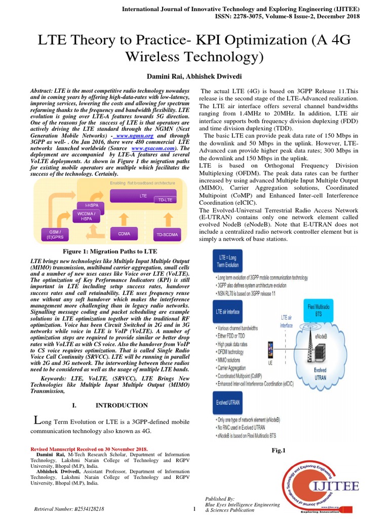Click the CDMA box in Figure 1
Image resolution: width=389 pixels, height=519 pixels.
coord(124,234)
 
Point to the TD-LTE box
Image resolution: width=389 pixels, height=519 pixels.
coord(165,200)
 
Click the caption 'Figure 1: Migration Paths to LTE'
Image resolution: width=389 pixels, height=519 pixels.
coord(110,251)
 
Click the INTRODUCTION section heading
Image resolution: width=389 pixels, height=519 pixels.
coord(122,405)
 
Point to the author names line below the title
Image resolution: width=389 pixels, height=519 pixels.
coord(194,76)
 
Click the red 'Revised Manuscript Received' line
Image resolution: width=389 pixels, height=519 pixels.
coord(89,449)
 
